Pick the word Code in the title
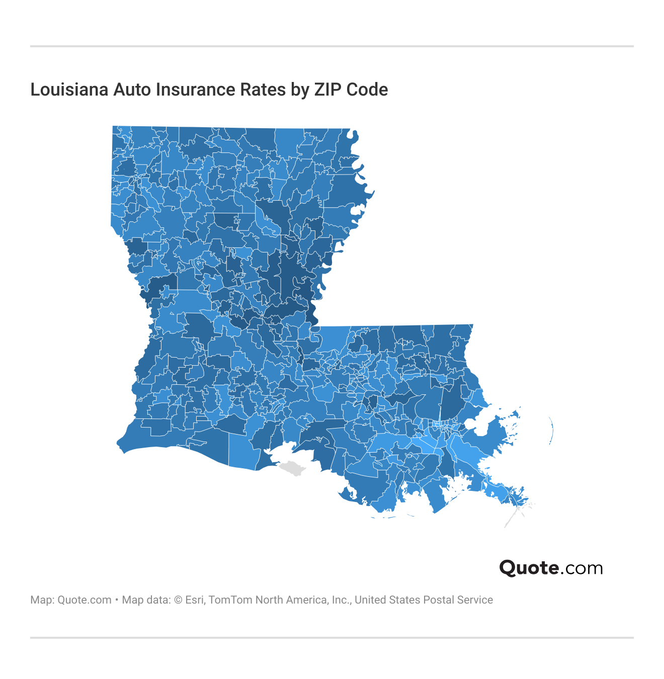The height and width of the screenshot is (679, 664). pos(367,90)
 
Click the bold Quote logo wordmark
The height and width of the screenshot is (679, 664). pos(528,568)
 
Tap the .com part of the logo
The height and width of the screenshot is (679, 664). pos(582,568)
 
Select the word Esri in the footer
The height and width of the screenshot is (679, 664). pos(195,600)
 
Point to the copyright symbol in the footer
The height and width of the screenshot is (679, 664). pos(178,600)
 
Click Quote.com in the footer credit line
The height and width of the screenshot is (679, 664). pos(85,600)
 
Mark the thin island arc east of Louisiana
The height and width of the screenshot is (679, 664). pos(551,432)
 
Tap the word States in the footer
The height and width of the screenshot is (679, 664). pos(404,600)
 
